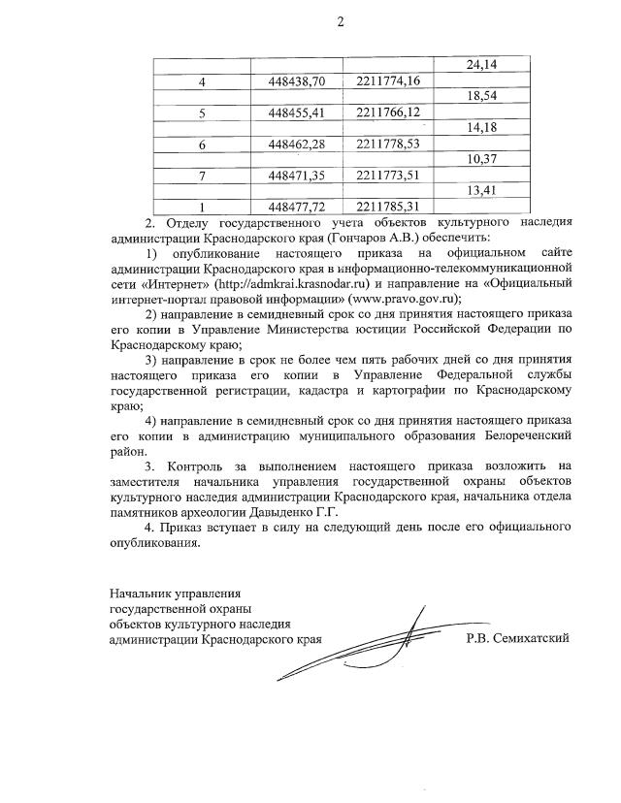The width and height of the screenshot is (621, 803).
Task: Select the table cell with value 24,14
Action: tap(481, 66)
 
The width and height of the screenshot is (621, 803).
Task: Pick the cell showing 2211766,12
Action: tap(388, 112)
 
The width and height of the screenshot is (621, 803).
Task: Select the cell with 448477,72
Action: tap(297, 206)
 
